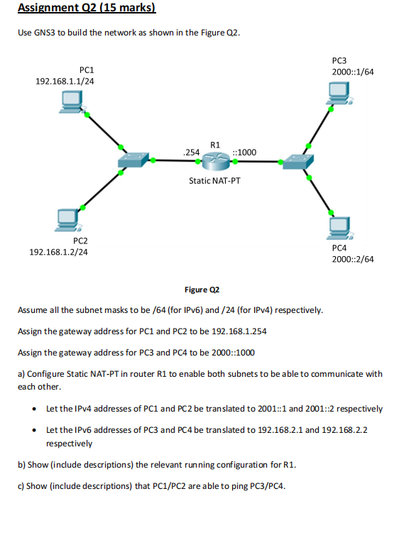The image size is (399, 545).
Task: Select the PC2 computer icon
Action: pos(69,221)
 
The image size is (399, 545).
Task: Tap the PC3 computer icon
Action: pos(339,92)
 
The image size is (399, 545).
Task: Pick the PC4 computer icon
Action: pos(339,227)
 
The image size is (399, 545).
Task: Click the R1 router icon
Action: pos(213,163)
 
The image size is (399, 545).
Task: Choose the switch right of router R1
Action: pos(295,163)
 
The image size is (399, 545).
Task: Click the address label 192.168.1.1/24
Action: pos(65,82)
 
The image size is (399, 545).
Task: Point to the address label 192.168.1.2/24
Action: pos(59,252)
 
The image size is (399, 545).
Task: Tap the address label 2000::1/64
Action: pos(353,73)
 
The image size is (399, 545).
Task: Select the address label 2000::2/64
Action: pos(353,259)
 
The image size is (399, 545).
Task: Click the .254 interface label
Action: pos(190,152)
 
